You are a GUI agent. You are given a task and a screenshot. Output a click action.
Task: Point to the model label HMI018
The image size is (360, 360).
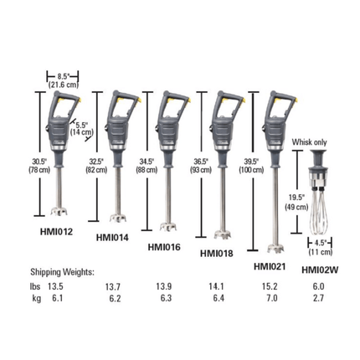pyautogui.click(x=218, y=253)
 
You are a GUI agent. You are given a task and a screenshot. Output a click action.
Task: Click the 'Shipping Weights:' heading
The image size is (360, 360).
pyautogui.click(x=64, y=272)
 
